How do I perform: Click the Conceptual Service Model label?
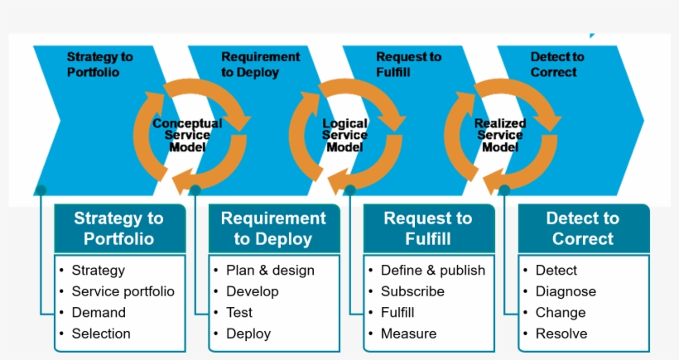(x=187, y=135)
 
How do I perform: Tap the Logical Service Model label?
(x=344, y=135)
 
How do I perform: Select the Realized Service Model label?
(x=500, y=135)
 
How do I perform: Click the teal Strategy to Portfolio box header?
(x=119, y=229)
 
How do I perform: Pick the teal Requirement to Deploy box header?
(x=273, y=229)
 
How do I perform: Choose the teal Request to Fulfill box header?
(x=428, y=229)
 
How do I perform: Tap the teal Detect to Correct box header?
(x=583, y=229)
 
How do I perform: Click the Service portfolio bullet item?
(x=123, y=291)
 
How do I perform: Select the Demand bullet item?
(x=99, y=313)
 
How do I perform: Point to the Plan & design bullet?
(x=270, y=270)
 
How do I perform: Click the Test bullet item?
(x=239, y=313)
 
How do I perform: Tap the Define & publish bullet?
(x=433, y=270)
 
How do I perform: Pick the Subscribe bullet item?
(x=412, y=291)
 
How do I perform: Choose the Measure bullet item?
(x=408, y=334)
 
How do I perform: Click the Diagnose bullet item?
(x=566, y=291)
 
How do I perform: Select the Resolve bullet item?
(x=561, y=334)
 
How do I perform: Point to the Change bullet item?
(x=561, y=313)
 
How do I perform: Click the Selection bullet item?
(x=101, y=334)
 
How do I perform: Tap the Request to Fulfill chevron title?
(x=408, y=65)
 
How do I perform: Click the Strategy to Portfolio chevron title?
(x=99, y=65)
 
